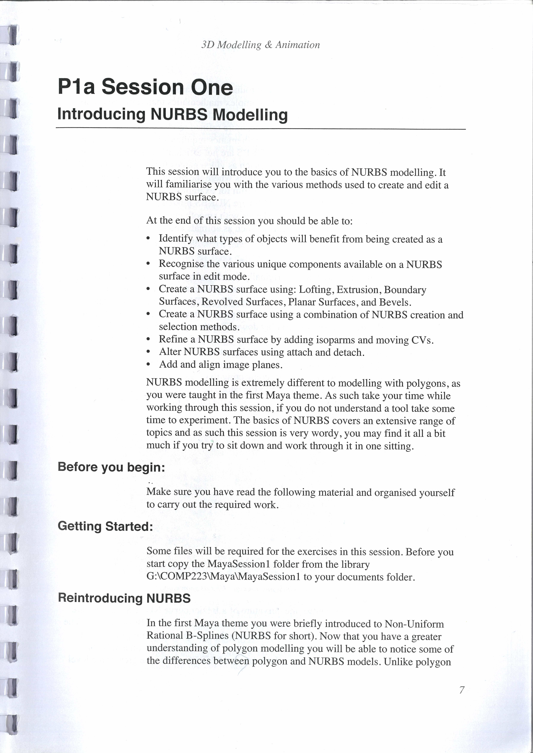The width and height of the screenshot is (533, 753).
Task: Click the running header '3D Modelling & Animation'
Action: coord(261,45)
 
